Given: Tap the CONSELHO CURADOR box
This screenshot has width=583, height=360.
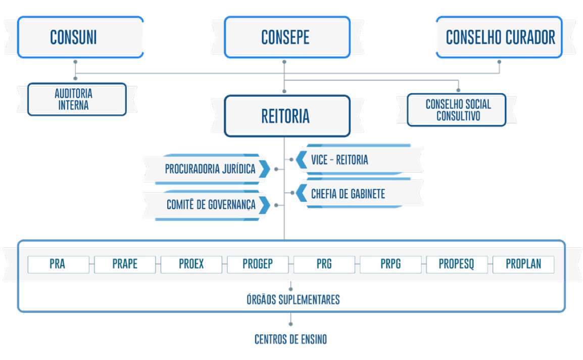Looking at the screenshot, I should tap(499, 37).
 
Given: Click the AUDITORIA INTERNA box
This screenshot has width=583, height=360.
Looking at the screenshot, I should tap(77, 100).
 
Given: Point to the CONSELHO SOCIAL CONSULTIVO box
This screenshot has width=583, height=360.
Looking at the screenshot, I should tap(457, 110).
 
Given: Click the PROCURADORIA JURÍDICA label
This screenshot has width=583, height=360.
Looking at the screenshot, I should tap(210, 169).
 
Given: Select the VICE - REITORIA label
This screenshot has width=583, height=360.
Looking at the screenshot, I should tap(339, 160).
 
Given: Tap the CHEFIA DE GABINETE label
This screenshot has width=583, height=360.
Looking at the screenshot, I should tap(348, 194).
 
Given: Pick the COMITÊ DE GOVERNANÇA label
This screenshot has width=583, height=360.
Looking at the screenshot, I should tap(211, 205).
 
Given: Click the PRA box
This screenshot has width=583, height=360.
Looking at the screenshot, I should tap(58, 264).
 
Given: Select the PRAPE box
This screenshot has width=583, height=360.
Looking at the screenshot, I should tap(125, 264).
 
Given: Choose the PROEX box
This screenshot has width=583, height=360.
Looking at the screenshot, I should tap(191, 264).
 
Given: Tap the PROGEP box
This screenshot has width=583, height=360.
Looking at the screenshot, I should tap(257, 264).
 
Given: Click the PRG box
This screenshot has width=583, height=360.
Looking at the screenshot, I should tap(324, 264).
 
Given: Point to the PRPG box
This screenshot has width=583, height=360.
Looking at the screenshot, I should tap(390, 264).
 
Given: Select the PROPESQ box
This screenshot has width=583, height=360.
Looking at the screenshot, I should tap(456, 264).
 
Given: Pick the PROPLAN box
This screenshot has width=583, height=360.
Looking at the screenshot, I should tap(523, 264).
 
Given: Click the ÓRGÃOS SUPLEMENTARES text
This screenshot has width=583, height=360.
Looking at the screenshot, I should tap(293, 300).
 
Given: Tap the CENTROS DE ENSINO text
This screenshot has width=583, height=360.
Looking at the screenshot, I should tap(290, 339).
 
